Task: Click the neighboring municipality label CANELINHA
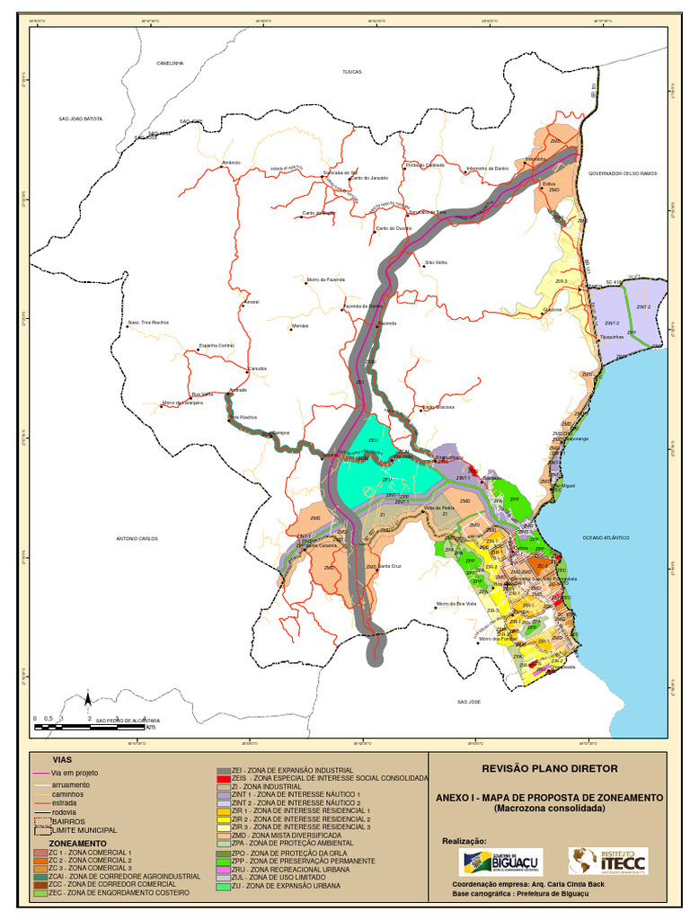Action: [x=170, y=63]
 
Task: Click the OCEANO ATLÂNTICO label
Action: [x=606, y=536]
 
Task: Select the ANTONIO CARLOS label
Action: [x=137, y=538]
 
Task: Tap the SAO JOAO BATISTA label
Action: [x=81, y=119]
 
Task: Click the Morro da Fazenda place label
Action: [x=325, y=279]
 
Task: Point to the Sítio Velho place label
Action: [x=436, y=263]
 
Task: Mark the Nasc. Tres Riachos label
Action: [x=148, y=322]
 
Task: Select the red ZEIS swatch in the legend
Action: [x=224, y=778]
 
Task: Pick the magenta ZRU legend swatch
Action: [x=224, y=871]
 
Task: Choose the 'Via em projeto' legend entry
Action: [x=75, y=773]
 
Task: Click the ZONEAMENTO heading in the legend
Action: [x=76, y=844]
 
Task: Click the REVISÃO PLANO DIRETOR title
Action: [x=550, y=769]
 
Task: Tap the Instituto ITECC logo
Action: [x=607, y=862]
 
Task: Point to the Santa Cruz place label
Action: [x=389, y=566]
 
